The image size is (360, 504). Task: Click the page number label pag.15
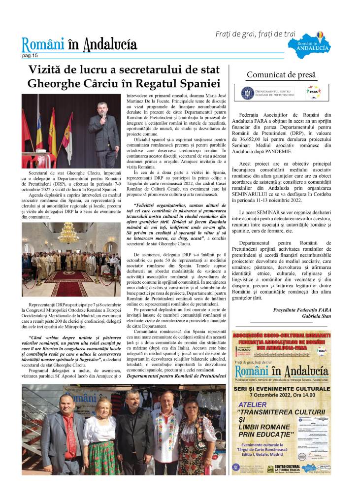pyautogui.click(x=30, y=56)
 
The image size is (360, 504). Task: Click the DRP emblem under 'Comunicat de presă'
pyautogui.click(x=247, y=93)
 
